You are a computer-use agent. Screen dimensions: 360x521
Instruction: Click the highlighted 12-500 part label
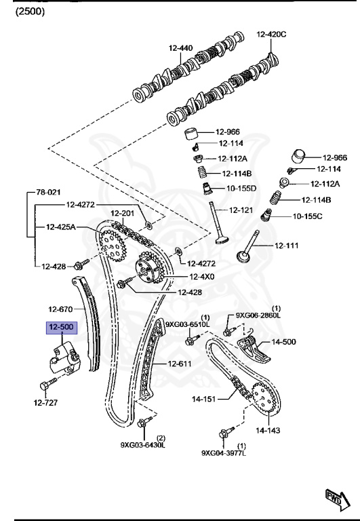point(62,327)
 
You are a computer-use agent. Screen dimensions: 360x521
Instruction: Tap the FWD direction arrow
point(338,500)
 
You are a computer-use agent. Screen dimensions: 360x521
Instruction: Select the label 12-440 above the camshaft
point(180,48)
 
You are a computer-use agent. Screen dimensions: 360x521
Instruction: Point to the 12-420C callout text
point(271,34)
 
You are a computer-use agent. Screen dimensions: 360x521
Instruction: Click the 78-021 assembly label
point(48,192)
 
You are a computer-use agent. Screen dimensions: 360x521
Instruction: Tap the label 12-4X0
point(201,277)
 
